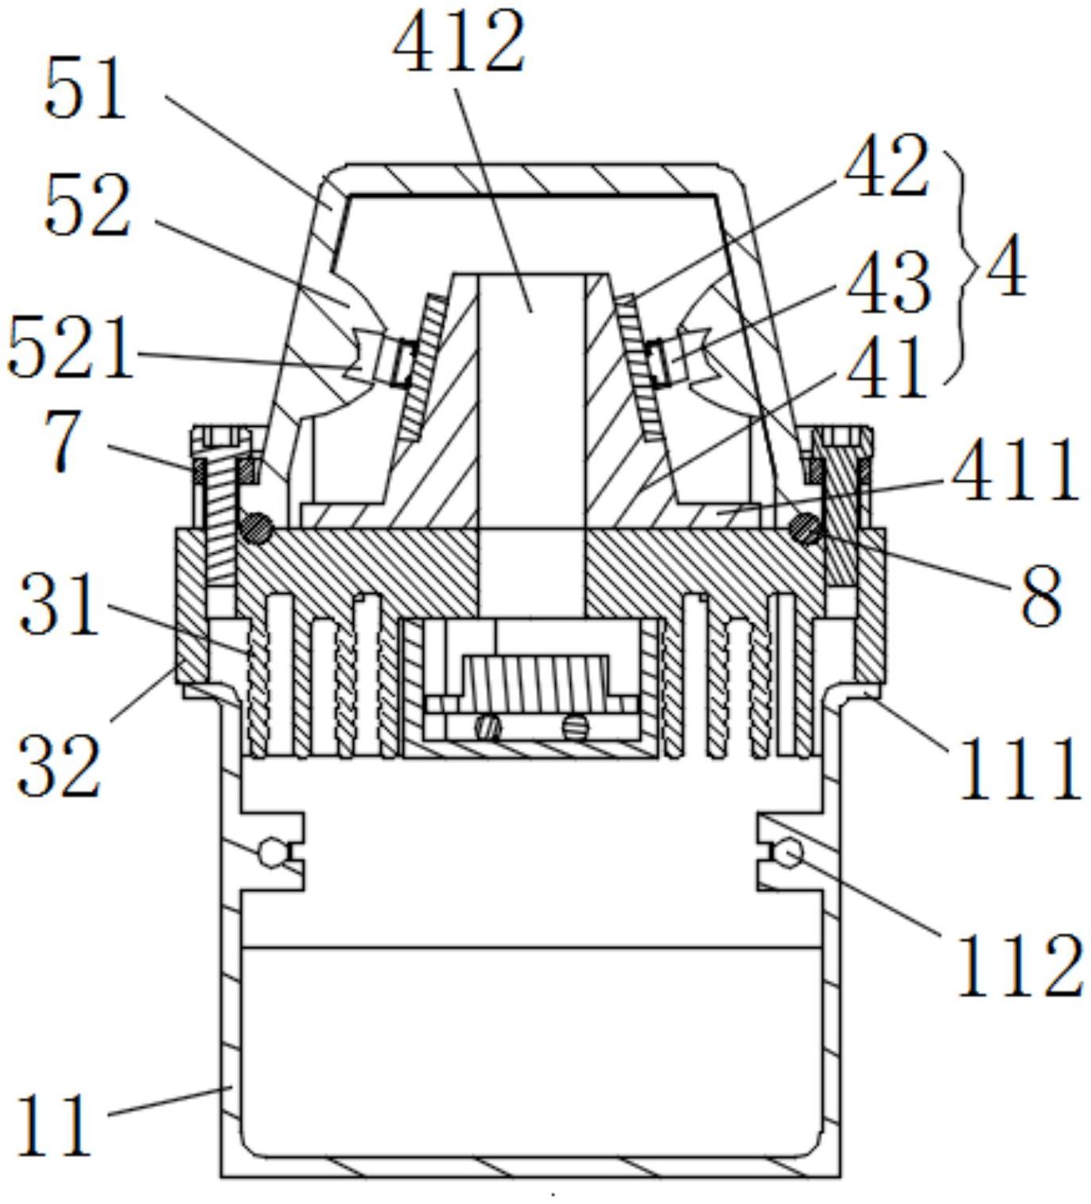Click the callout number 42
[887, 165]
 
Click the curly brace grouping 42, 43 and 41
[957, 266]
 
